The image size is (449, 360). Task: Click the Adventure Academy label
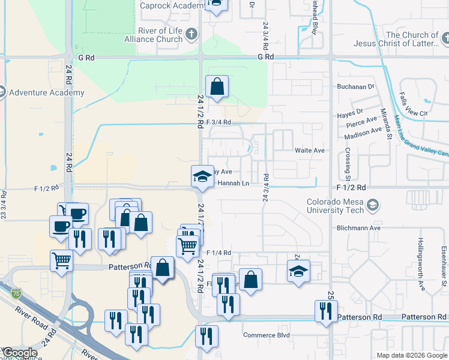click(x=47, y=93)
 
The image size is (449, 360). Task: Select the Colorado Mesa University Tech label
click(x=335, y=206)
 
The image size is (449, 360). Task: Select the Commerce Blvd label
click(x=267, y=335)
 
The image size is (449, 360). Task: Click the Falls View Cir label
click(x=415, y=113)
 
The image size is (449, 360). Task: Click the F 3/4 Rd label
click(x=218, y=122)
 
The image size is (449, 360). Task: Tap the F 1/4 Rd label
click(x=218, y=253)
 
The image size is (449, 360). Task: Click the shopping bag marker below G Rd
click(x=217, y=86)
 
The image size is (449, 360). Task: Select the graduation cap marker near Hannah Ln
click(x=202, y=176)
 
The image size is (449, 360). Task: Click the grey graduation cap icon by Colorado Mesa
click(x=373, y=206)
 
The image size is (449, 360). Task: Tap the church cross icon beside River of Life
click(x=191, y=34)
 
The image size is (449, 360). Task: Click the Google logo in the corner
click(x=20, y=353)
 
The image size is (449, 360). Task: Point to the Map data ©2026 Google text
click(x=411, y=355)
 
